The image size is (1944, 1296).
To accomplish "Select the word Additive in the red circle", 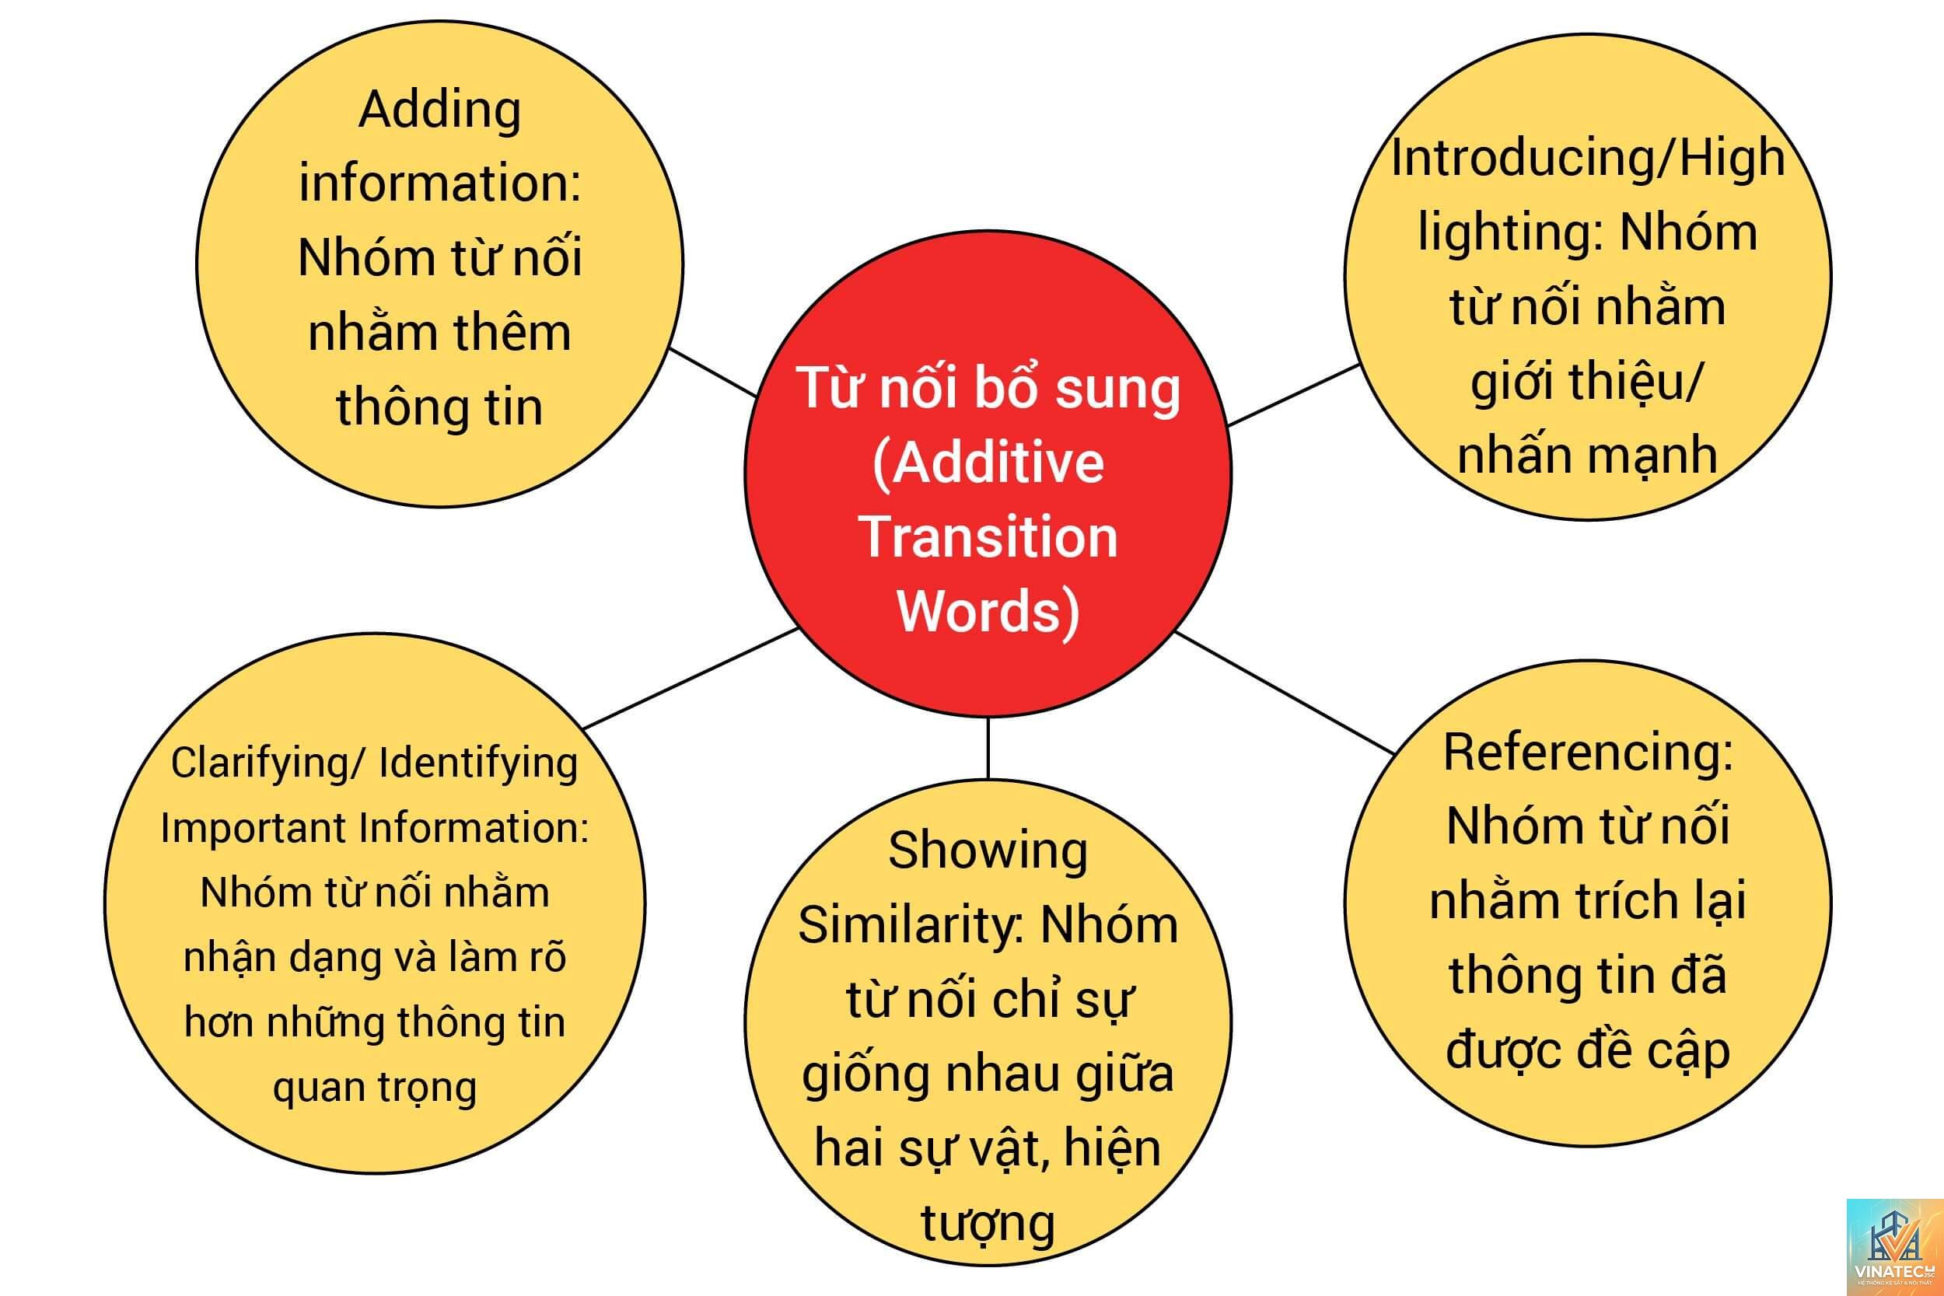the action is [988, 463].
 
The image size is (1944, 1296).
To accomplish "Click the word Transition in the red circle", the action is [988, 536].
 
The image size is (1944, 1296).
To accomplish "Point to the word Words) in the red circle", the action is [988, 613].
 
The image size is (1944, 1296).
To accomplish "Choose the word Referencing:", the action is [1588, 753].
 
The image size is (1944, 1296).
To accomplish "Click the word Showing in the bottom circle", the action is [988, 851].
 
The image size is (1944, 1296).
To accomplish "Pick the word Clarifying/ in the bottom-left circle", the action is [266, 763].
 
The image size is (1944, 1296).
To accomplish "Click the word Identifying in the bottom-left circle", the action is [477, 763].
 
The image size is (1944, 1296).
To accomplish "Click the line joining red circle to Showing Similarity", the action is [988, 748].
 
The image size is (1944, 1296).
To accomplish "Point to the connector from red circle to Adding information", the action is [712, 372].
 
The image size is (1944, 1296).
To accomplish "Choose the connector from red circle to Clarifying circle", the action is [691, 678].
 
